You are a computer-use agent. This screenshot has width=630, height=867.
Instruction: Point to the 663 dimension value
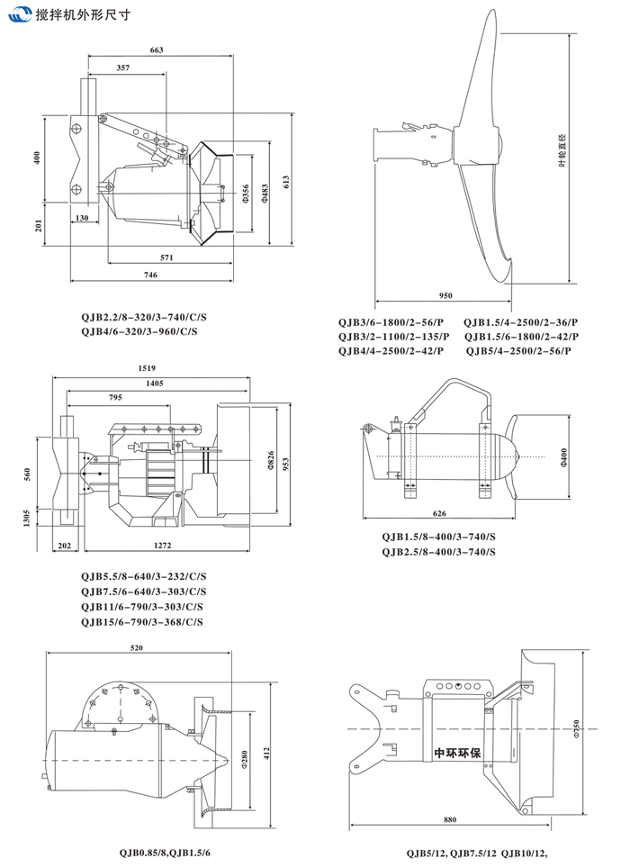pos(156,50)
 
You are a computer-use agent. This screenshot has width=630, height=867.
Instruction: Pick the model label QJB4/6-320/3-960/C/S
pos(139,332)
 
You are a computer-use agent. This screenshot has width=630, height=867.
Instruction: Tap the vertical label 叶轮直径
pos(586,147)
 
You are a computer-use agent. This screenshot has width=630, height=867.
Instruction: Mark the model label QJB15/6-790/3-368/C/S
pos(142,621)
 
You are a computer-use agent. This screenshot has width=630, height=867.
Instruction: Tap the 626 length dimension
pos(438,513)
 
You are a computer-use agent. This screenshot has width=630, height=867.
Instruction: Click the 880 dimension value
pos(450,819)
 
